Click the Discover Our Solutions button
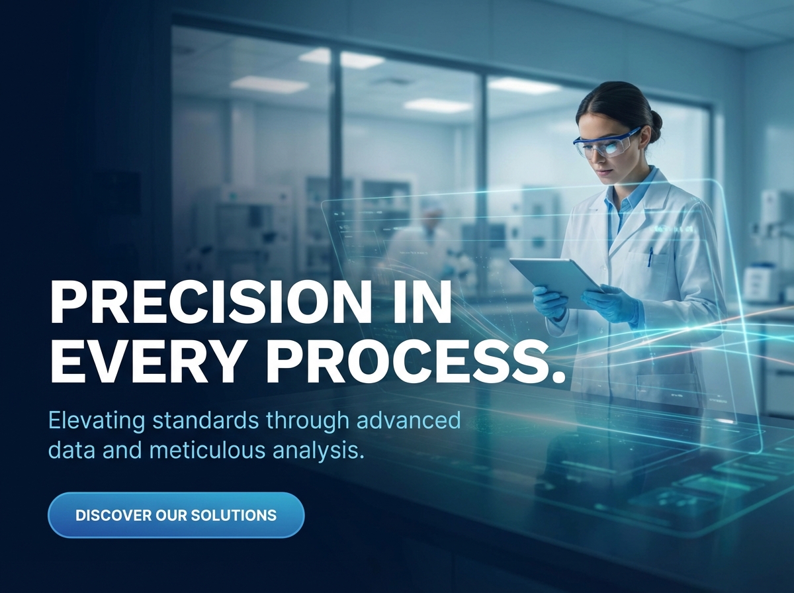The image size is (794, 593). point(176,515)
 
